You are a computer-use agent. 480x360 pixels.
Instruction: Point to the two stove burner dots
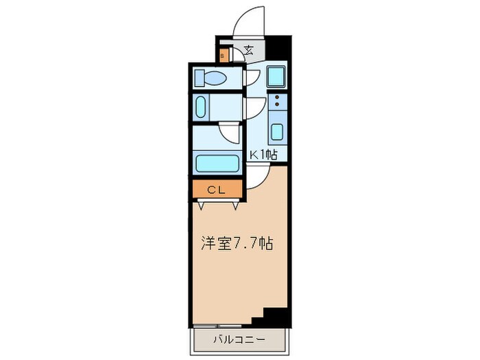click(277, 104)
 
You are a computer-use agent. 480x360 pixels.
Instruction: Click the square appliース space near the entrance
click(277, 76)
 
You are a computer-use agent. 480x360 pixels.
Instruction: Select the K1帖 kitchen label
click(263, 155)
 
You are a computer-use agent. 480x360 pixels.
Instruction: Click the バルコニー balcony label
click(239, 339)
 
